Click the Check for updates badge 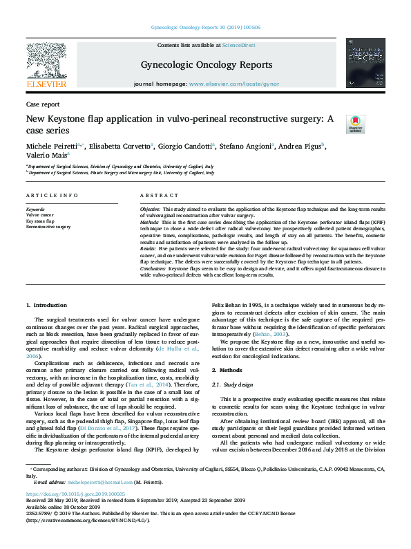click(355, 124)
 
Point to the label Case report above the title click(41, 104)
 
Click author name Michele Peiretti click(52, 146)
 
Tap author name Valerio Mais click(46, 156)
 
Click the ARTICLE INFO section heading click(51, 196)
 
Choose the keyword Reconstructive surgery click(48, 226)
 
